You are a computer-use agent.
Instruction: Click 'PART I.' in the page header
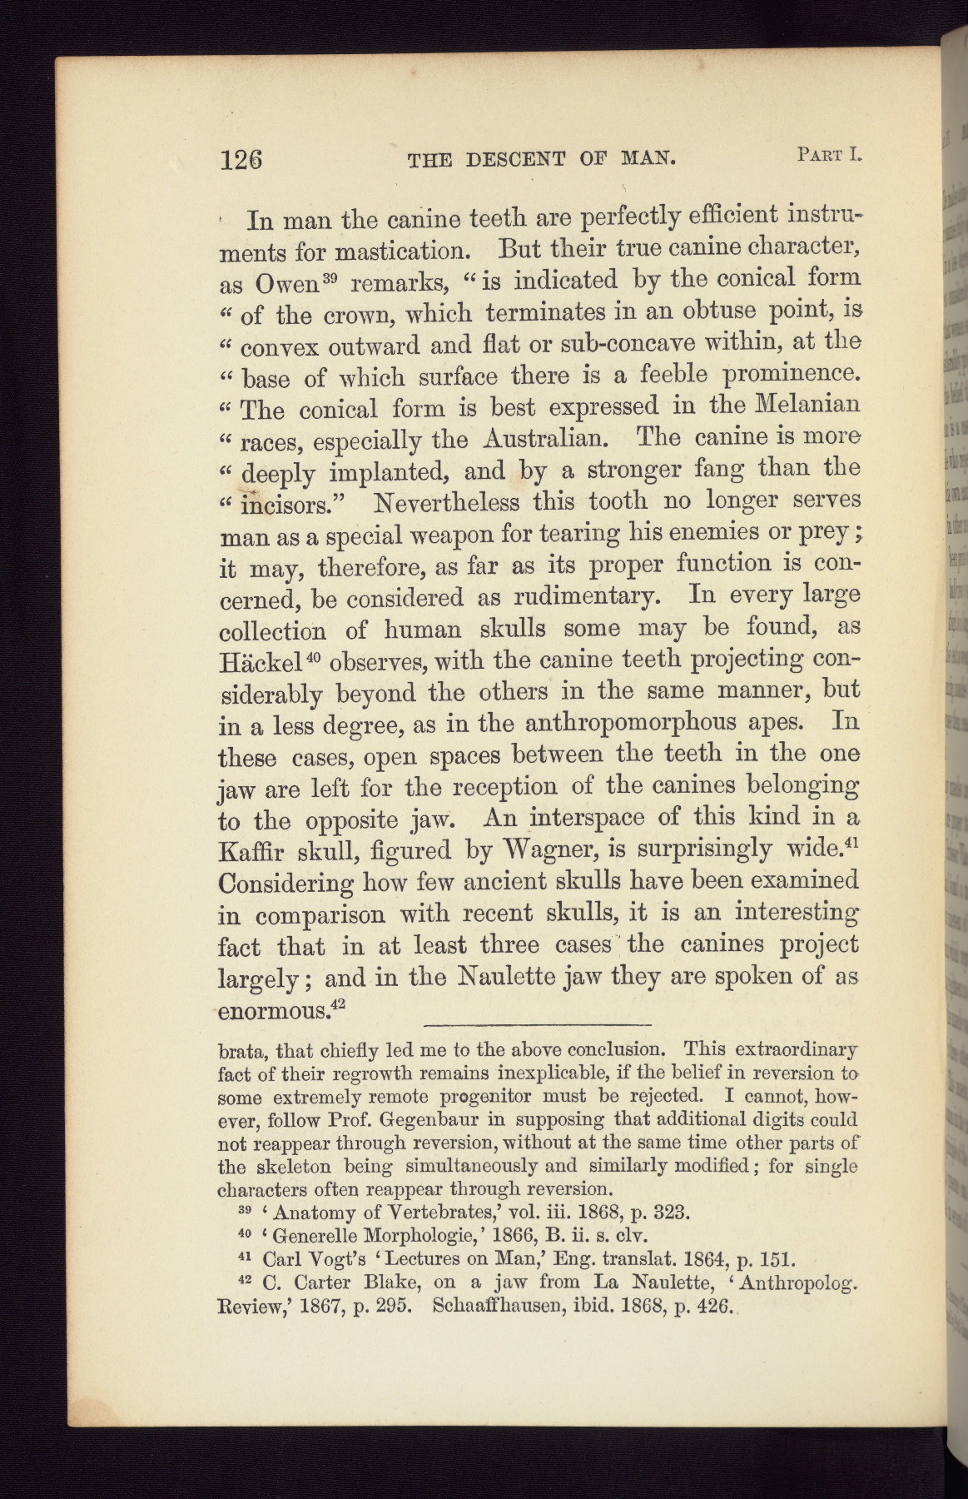click(x=827, y=153)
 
